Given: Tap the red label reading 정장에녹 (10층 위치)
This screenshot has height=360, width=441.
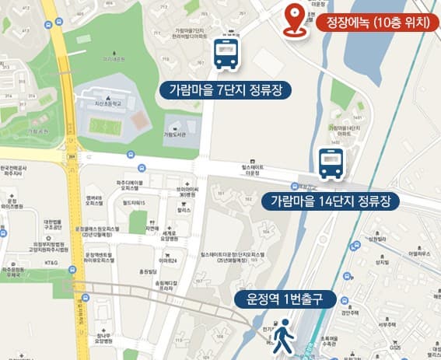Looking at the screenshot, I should [x=373, y=22].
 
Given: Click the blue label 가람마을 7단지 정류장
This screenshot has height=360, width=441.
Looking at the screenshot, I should [x=226, y=89].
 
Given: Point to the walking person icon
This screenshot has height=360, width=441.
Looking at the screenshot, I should [x=285, y=334].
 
